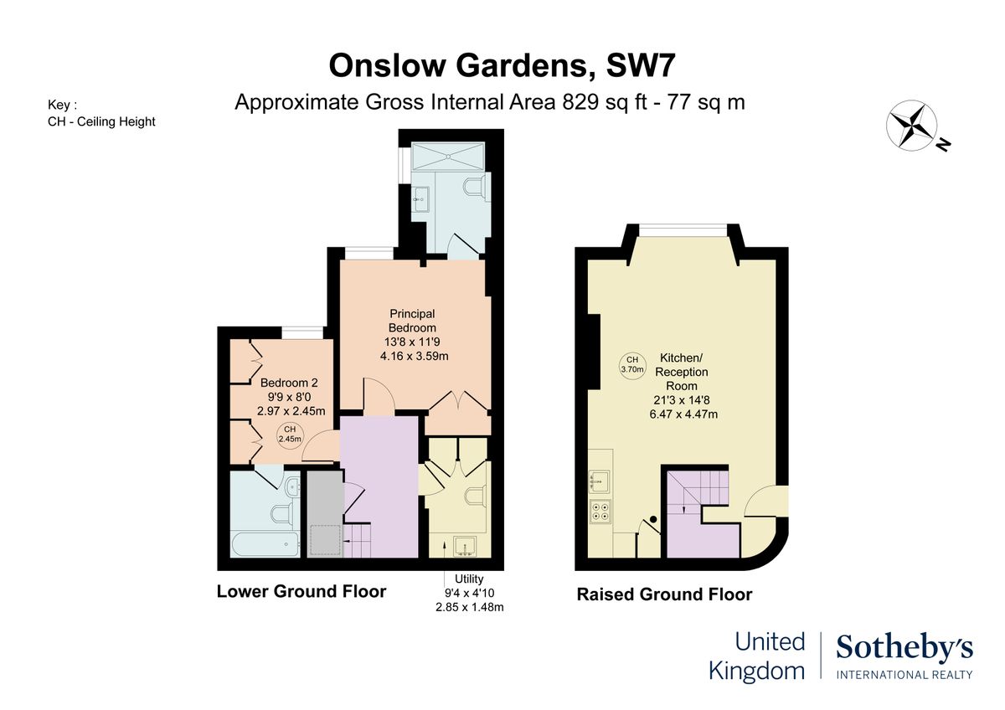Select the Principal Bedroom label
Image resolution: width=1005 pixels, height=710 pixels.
(x=412, y=321)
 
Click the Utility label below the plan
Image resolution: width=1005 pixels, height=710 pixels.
(x=469, y=579)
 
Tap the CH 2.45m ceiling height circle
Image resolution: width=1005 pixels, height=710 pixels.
(x=289, y=434)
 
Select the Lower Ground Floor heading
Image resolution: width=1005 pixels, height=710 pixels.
(x=301, y=591)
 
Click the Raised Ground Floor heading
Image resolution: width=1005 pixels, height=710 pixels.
(x=664, y=594)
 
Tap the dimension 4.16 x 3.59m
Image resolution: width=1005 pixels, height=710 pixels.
(x=414, y=355)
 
